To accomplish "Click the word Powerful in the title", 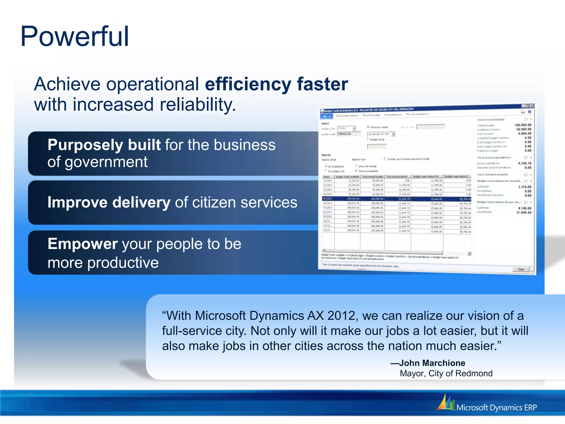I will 74,36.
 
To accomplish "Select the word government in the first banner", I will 106,162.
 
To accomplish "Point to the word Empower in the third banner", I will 82,244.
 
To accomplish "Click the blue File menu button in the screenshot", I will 327,116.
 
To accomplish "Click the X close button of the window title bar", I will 532,106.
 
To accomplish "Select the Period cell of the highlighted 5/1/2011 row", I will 328,199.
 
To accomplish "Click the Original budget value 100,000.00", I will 523,125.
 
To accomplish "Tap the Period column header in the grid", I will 327,176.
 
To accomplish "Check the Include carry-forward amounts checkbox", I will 385,159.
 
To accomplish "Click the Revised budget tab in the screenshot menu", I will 371,115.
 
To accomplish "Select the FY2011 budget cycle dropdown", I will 346,128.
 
